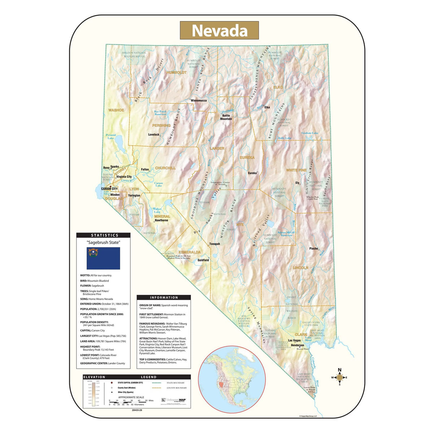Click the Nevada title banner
219,30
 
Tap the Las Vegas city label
294,340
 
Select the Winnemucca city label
199,100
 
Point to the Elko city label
267,107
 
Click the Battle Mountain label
226,117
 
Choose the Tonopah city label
214,244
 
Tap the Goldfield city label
203,260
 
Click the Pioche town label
314,249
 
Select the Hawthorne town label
161,220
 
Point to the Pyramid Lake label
111,136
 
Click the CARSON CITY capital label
109,189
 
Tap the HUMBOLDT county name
176,73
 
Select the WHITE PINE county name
296,170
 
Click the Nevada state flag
104,258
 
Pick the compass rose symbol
339,377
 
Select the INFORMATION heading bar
164,298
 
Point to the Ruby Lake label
284,138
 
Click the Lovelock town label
153,135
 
